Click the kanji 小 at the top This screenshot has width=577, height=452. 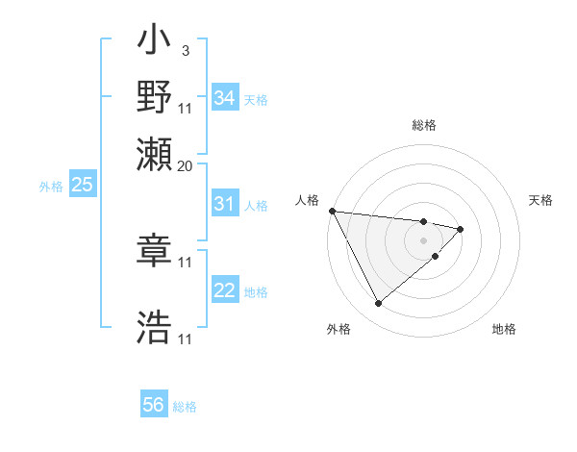click(x=154, y=43)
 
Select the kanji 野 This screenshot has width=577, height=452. click(x=154, y=97)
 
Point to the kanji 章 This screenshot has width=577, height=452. click(x=154, y=253)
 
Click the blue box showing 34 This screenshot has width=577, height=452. click(x=225, y=98)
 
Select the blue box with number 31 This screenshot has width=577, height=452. click(x=225, y=204)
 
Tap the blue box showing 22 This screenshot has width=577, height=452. click(x=225, y=291)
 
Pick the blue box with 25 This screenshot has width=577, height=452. click(x=82, y=186)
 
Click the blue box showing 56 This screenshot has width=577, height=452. click(x=154, y=405)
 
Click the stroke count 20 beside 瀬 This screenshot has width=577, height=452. click(x=186, y=164)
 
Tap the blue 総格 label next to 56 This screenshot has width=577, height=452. click(x=185, y=407)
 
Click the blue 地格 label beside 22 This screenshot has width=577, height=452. click(x=256, y=292)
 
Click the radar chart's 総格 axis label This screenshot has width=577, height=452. click(x=423, y=125)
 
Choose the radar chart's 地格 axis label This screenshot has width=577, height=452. click(x=504, y=329)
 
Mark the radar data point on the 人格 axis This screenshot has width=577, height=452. click(x=331, y=211)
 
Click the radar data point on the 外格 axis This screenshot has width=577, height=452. click(x=378, y=304)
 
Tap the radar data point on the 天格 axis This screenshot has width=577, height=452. click(x=461, y=229)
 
